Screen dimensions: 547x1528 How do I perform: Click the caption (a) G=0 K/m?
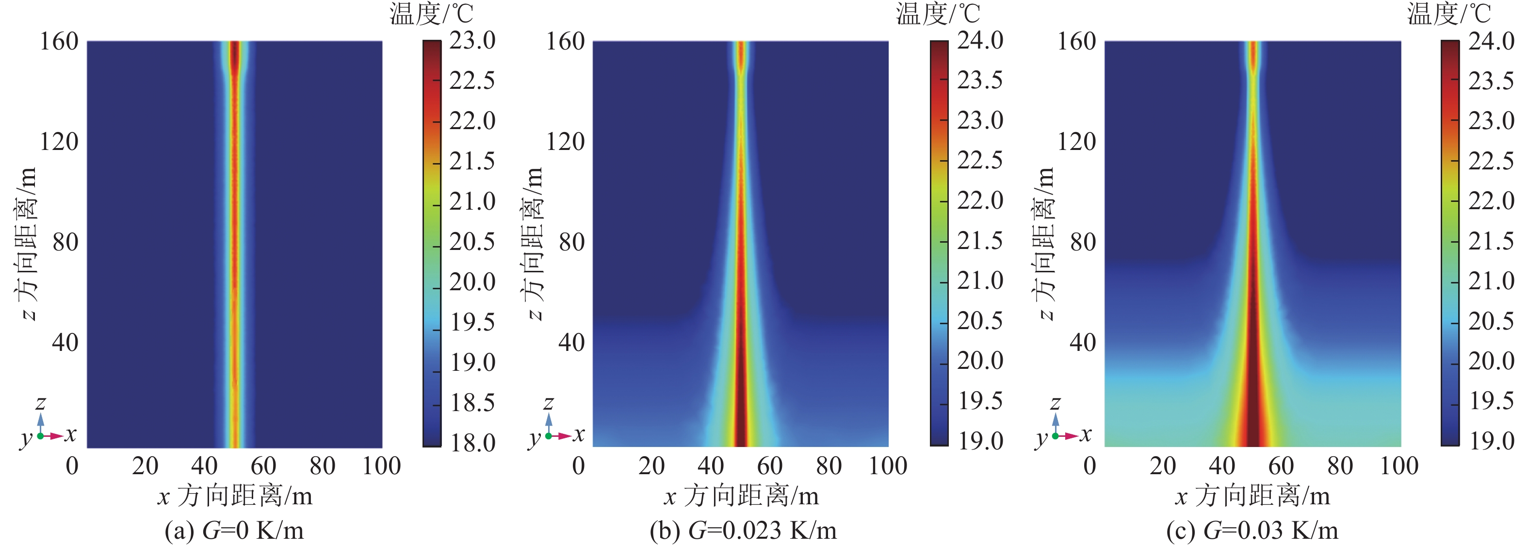pos(234,530)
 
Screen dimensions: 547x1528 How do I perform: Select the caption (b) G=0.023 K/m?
pos(743,530)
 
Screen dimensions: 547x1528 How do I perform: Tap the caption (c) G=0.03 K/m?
pos(1252,530)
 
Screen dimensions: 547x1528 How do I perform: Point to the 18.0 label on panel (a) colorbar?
pos(472,443)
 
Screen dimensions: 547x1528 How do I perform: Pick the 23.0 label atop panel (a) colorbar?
pos(472,40)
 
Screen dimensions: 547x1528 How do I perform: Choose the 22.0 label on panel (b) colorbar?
pos(980,200)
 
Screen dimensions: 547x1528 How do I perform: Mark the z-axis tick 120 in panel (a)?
pos(59,142)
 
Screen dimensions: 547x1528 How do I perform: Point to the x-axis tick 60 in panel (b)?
pos(769,466)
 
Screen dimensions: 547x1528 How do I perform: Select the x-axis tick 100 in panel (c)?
pos(1398,466)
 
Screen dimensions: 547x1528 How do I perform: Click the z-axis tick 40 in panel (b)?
pos(571,342)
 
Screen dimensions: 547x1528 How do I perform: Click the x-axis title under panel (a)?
pos(234,496)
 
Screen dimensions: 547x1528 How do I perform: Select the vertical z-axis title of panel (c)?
pos(1045,243)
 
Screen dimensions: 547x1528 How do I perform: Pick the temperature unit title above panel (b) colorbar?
pos(938,13)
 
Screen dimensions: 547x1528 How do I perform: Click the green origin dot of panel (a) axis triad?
pos(40,436)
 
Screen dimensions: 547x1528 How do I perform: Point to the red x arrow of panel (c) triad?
pos(1071,436)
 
